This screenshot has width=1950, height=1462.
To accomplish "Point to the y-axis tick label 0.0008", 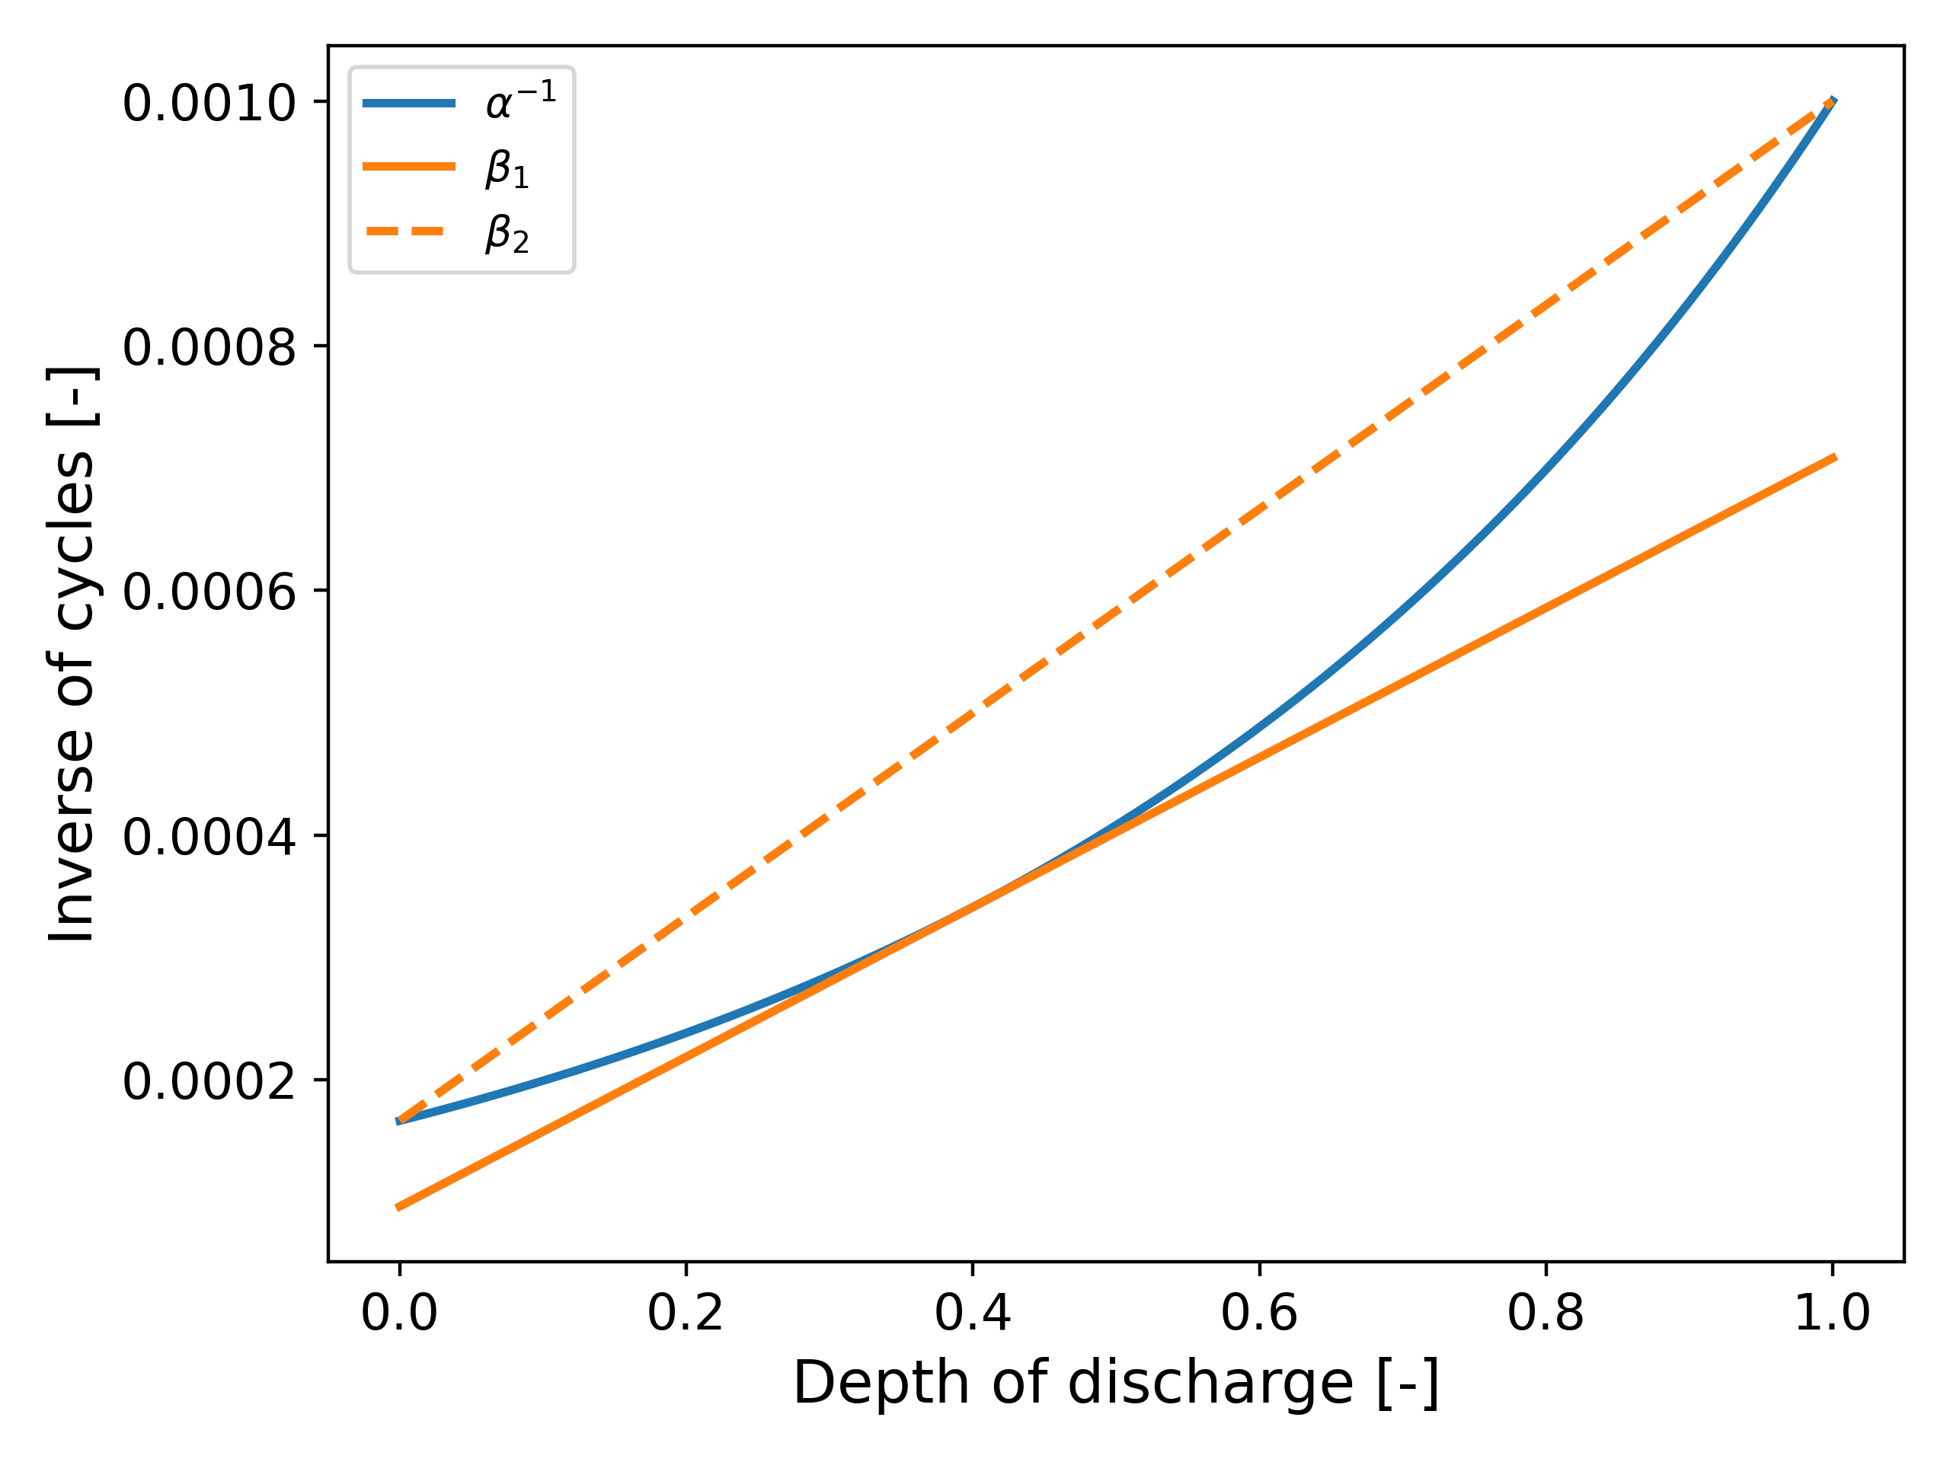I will point(209,347).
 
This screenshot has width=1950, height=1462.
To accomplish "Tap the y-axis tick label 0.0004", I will point(209,836).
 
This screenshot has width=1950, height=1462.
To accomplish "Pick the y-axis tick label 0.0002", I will point(209,1081).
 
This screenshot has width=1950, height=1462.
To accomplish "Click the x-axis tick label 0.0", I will point(398,1313).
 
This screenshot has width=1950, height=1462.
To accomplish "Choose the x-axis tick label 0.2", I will point(685,1313).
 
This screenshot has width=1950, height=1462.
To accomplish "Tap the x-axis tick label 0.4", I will point(973,1313).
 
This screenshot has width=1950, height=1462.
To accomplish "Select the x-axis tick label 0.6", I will point(1259,1313).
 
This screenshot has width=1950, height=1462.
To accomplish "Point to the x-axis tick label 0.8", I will point(1546,1313).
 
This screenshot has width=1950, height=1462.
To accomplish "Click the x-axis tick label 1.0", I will point(1832,1313).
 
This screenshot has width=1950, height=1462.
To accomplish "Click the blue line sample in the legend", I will point(409,103).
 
